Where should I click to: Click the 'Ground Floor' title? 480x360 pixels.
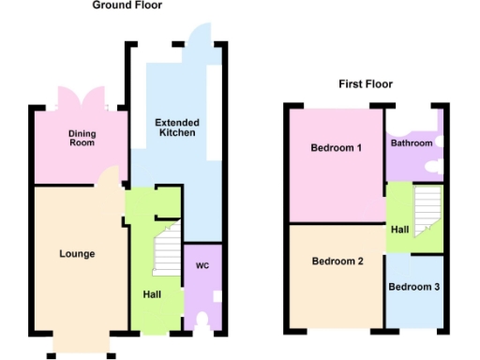127,6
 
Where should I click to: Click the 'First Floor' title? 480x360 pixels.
366,84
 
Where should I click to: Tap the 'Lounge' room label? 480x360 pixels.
77,254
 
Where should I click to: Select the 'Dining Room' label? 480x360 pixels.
82,140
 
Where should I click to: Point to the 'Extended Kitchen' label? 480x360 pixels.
175,127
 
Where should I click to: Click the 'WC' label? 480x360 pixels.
201,266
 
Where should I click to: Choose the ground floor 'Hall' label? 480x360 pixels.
152,294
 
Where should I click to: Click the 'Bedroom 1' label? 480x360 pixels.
337,148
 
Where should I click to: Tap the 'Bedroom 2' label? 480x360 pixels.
337,262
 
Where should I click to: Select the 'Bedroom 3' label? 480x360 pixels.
414,287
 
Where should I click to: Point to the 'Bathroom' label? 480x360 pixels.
412,143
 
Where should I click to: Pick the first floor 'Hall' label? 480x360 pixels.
399,228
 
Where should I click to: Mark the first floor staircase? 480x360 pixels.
427,207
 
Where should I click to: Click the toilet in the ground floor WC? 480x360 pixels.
202,323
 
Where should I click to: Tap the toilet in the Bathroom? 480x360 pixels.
435,166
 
